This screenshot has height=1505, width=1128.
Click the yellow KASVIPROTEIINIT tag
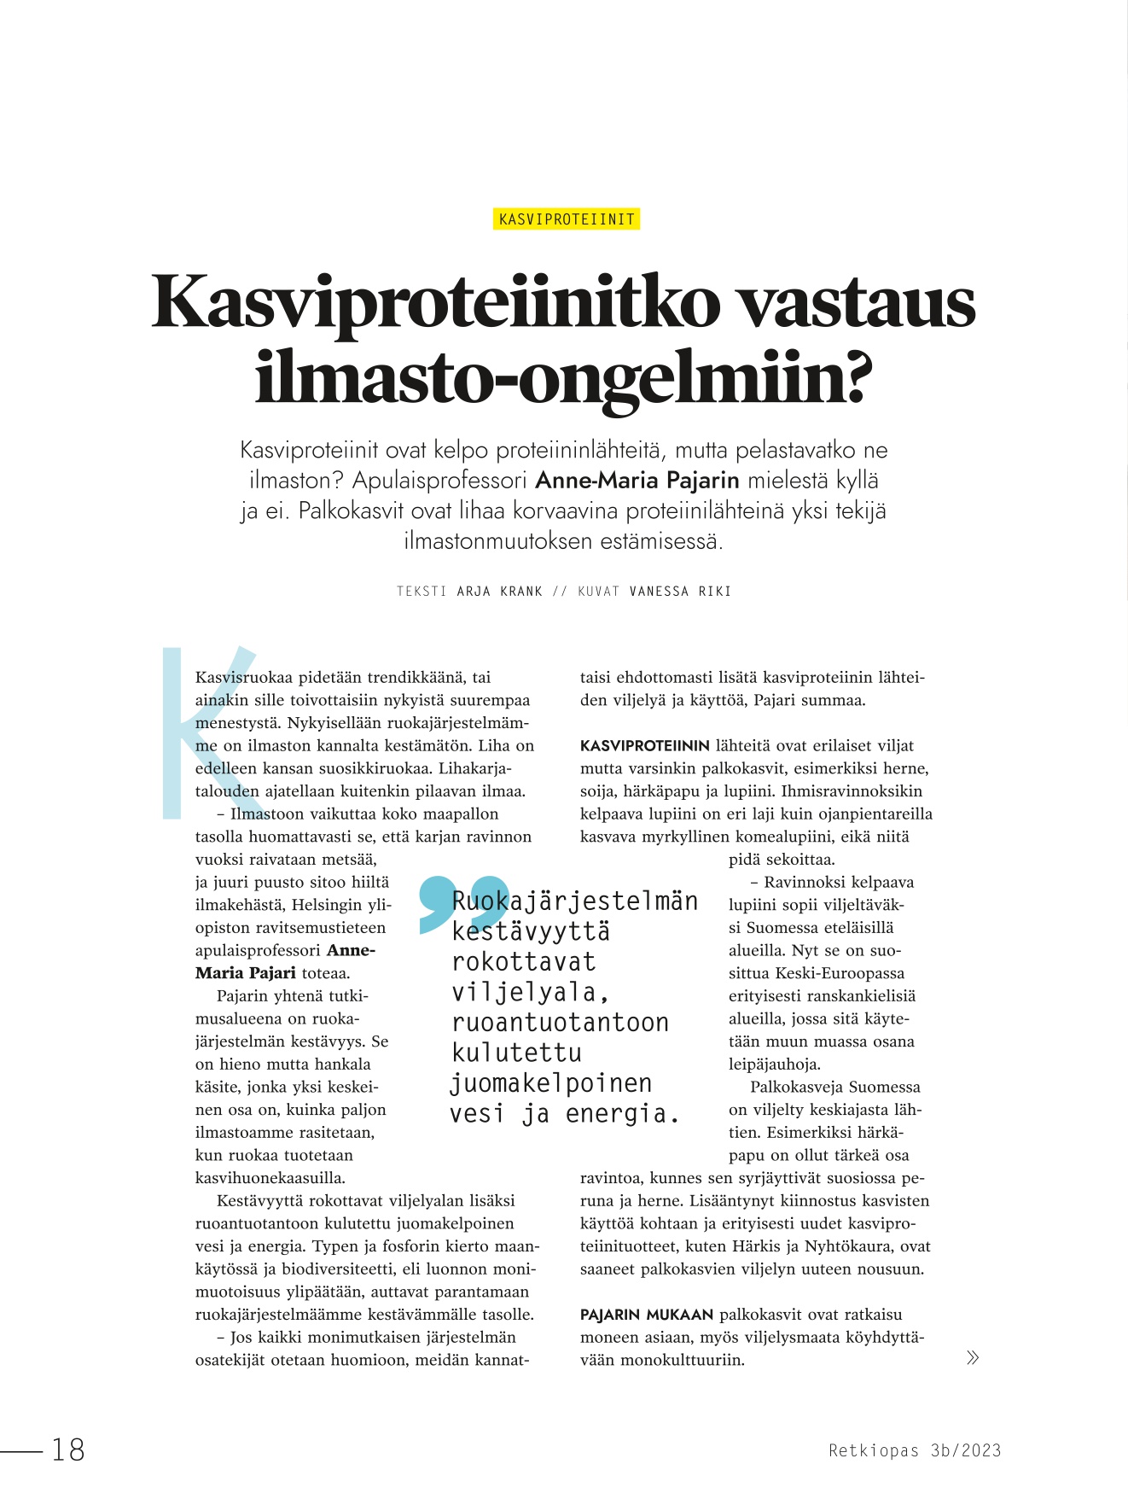(x=567, y=219)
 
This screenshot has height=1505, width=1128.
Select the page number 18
(x=68, y=1450)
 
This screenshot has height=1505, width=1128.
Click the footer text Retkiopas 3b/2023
(x=915, y=1450)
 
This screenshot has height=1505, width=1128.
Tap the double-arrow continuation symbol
(x=972, y=1357)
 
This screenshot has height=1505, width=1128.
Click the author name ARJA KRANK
(x=500, y=591)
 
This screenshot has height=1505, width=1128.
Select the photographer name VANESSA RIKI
(x=680, y=591)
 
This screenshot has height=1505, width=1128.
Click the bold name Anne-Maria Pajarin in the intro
(x=637, y=481)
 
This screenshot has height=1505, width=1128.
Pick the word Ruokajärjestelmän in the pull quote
(x=575, y=901)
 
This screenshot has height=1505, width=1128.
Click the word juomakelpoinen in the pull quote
(x=551, y=1083)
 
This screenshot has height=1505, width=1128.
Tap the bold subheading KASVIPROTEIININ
(x=644, y=745)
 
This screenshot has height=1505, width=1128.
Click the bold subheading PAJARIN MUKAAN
(x=646, y=1315)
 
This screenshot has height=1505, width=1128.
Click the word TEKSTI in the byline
(x=422, y=591)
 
